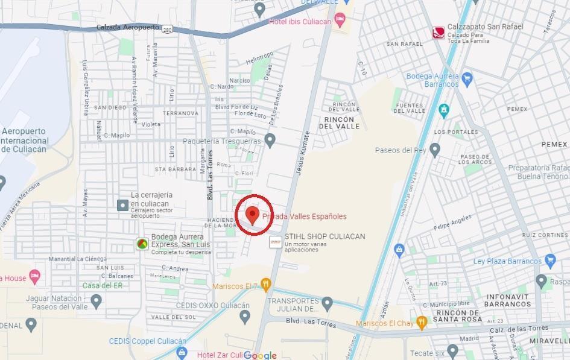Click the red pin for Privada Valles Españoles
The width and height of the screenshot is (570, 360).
(253, 214)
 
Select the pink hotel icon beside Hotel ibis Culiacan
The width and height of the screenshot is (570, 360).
(340, 21)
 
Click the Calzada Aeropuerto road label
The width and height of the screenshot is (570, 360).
(127, 27)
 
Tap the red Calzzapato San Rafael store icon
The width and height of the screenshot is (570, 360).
(439, 32)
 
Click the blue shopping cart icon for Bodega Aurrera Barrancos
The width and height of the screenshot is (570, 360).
(466, 77)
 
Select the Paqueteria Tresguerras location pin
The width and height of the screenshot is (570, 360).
(270, 141)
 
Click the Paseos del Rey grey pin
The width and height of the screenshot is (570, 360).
(435, 150)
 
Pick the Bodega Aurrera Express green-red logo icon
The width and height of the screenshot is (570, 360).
(142, 244)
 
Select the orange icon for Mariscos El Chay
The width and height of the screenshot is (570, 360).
(422, 322)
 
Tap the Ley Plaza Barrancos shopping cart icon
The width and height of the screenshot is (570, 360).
(549, 261)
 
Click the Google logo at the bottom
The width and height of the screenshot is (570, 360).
(260, 355)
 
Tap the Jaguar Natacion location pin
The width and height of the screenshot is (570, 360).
(96, 300)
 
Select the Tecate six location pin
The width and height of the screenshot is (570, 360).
(453, 352)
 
